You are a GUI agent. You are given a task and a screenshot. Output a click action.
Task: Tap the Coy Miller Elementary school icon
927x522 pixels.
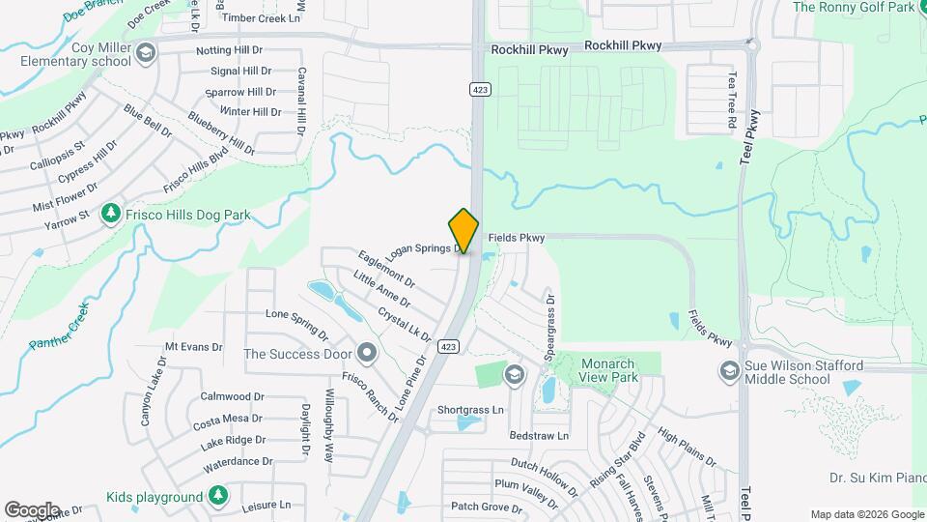146,51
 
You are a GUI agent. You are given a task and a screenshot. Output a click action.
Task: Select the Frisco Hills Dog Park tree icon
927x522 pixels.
112,213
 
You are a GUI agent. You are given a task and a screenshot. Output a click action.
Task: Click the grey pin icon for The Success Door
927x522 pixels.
366,352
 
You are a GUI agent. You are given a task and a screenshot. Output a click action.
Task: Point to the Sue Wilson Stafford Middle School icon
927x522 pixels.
730,370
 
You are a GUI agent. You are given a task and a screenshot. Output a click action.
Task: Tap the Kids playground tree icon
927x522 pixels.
218,497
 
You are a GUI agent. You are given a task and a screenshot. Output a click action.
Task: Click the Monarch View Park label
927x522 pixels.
607,370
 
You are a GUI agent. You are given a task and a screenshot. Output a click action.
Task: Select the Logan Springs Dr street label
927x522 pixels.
425,247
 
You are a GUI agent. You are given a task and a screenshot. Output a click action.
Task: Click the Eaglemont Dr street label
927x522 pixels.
385,269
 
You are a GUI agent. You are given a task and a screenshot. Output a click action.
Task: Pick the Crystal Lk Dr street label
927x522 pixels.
405,324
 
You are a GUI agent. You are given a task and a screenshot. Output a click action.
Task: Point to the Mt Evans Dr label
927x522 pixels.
193,346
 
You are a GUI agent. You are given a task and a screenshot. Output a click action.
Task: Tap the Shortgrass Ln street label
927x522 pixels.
470,410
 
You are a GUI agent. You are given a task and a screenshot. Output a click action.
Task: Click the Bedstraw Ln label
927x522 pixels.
539,436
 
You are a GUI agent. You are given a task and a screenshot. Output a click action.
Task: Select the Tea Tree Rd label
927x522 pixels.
732,101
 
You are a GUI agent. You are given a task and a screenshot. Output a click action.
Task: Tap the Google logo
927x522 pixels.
31,509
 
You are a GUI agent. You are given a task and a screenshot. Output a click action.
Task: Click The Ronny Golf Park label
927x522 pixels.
853,8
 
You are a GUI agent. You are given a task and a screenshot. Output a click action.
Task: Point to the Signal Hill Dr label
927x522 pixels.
243,71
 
